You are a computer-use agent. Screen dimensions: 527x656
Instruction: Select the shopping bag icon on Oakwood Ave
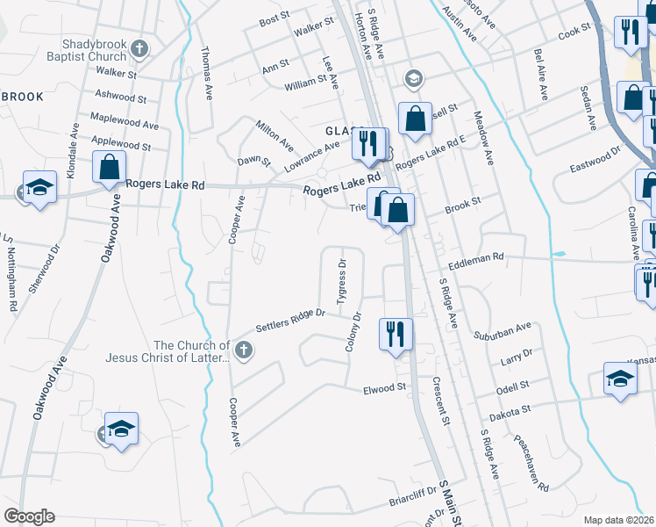click(x=110, y=166)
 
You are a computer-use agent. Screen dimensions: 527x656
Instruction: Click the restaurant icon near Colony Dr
click(x=395, y=334)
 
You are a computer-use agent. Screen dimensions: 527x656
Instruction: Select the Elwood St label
click(x=387, y=386)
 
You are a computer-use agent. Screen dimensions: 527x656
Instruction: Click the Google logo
click(x=29, y=516)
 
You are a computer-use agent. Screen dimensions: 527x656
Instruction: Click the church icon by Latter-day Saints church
click(x=245, y=352)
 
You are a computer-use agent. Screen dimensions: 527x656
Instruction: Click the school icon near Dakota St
click(x=619, y=380)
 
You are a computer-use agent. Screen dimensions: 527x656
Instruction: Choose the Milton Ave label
click(x=275, y=133)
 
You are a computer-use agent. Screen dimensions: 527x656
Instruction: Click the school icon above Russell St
click(x=412, y=79)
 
